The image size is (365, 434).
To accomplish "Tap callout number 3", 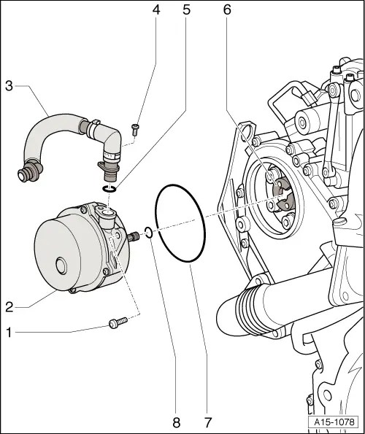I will click(9, 86).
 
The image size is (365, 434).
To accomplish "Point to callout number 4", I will click(155, 10).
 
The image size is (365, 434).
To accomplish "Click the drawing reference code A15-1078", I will click(334, 422).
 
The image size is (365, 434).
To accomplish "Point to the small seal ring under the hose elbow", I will click(109, 190).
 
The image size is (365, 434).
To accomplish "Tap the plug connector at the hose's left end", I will click(28, 175).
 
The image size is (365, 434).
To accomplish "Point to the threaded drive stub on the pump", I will click(134, 236).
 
